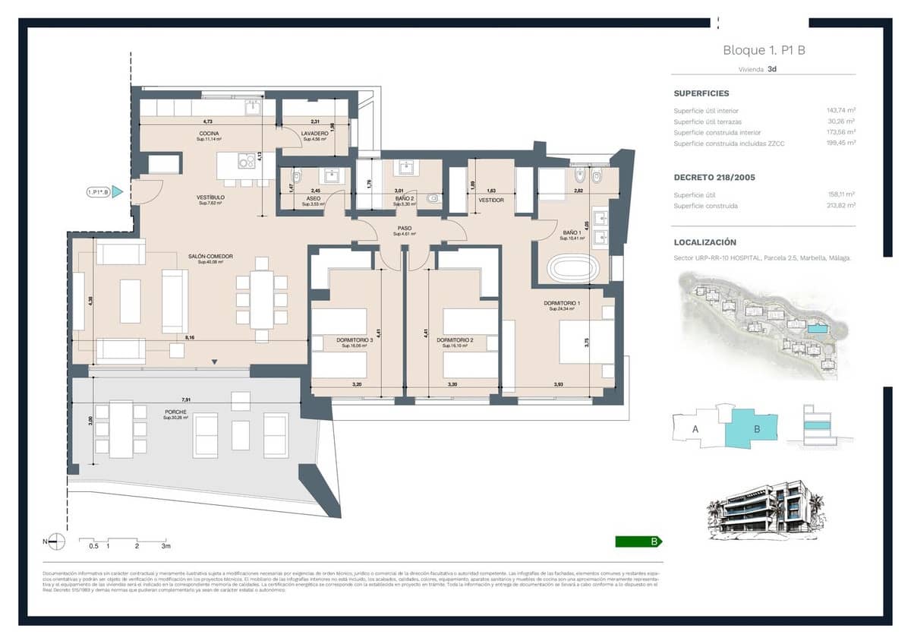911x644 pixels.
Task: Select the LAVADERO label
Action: (315, 134)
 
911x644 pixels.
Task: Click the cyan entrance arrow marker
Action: (118, 192)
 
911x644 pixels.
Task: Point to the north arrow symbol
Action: (57, 541)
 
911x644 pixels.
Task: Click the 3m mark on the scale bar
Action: (165, 545)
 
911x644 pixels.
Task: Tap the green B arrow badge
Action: (638, 541)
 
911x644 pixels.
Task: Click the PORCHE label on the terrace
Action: (176, 413)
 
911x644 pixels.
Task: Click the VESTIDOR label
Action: (491, 200)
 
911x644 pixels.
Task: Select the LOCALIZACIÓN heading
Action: (705, 242)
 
